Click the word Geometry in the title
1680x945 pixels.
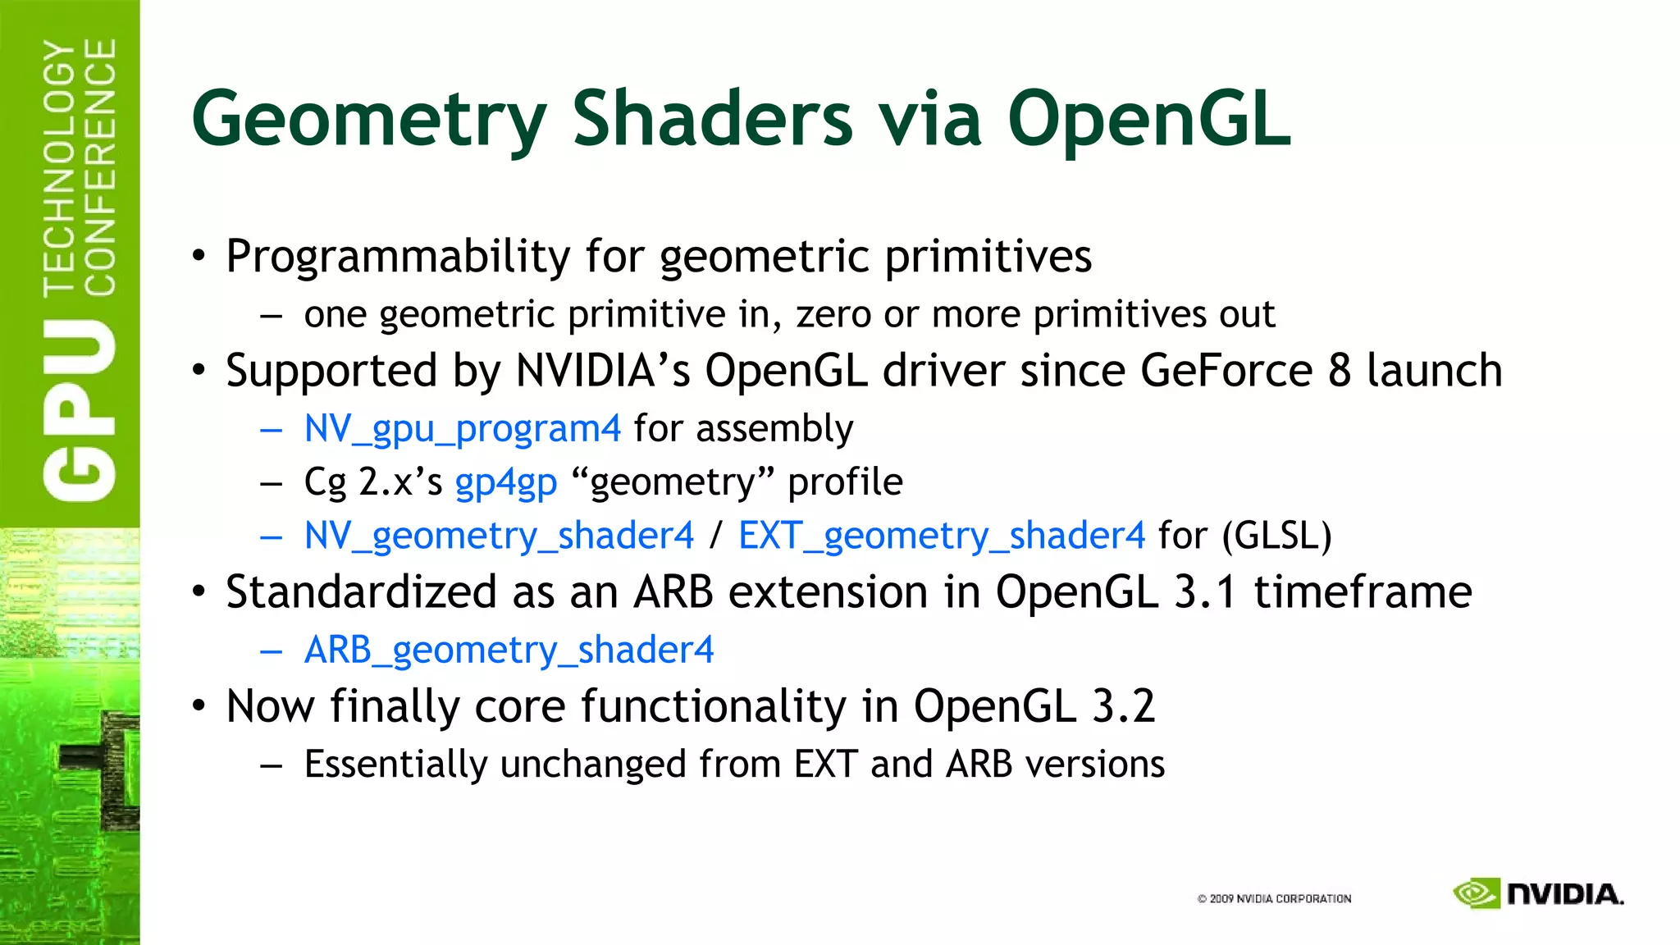(x=368, y=121)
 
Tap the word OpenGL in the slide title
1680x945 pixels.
(x=1148, y=121)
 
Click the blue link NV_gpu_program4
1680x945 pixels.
(x=462, y=429)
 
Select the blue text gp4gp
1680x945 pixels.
(x=505, y=482)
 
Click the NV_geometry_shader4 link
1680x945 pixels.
(x=499, y=536)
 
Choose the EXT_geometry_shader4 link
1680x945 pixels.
(x=941, y=536)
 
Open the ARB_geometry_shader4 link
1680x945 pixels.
(x=509, y=650)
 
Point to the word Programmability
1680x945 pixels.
(x=398, y=257)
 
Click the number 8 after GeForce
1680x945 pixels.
(x=1339, y=371)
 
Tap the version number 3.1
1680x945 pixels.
(x=1204, y=592)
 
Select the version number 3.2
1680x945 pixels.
(x=1123, y=706)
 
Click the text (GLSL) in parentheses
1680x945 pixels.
(x=1276, y=536)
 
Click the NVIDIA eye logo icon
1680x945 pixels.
(x=1476, y=893)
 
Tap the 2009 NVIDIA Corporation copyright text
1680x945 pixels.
(x=1274, y=899)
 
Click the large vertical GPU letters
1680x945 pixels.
(x=80, y=410)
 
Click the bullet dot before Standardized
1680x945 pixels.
(x=199, y=592)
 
